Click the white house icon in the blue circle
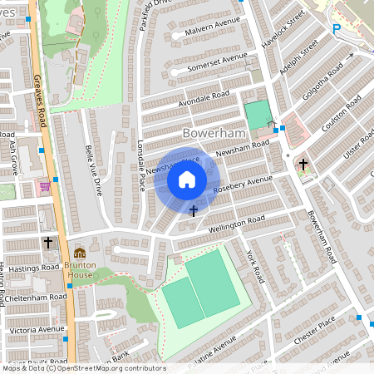(x=187, y=179)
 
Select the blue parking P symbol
(x=337, y=29)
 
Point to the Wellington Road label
(x=236, y=222)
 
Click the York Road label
(x=254, y=267)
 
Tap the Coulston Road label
(x=342, y=113)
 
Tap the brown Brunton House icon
(x=79, y=253)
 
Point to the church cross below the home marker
(x=194, y=211)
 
